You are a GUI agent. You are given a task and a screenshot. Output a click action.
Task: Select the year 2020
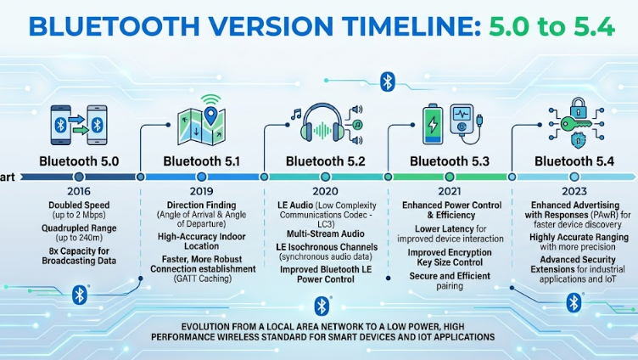click(x=325, y=191)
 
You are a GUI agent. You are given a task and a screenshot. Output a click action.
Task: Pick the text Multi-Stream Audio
click(x=325, y=233)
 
